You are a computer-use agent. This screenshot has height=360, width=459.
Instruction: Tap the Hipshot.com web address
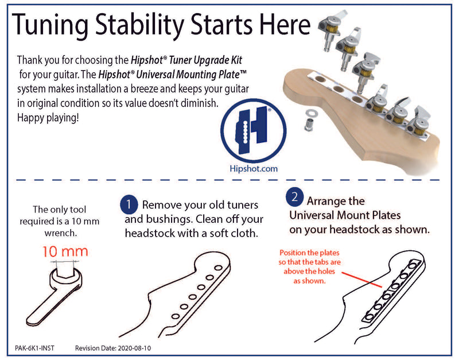(254, 169)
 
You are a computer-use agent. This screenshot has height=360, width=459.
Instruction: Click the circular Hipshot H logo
(254, 131)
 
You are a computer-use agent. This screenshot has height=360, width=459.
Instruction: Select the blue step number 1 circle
(129, 204)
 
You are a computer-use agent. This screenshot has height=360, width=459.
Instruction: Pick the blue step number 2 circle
(294, 196)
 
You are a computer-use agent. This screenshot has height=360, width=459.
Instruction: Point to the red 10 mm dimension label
(65, 251)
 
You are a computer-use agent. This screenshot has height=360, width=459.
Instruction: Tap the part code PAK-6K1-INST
(34, 348)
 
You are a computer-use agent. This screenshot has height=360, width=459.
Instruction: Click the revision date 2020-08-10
(134, 348)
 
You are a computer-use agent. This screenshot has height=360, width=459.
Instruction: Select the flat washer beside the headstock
(310, 113)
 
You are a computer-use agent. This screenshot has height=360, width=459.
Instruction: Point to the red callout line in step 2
(362, 280)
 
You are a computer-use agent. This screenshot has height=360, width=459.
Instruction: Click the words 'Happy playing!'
(48, 118)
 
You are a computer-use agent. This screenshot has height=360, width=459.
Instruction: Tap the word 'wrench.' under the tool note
(61, 233)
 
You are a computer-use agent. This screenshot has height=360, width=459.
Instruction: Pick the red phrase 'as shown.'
(310, 281)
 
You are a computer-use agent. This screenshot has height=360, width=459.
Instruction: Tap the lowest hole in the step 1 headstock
(176, 316)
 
